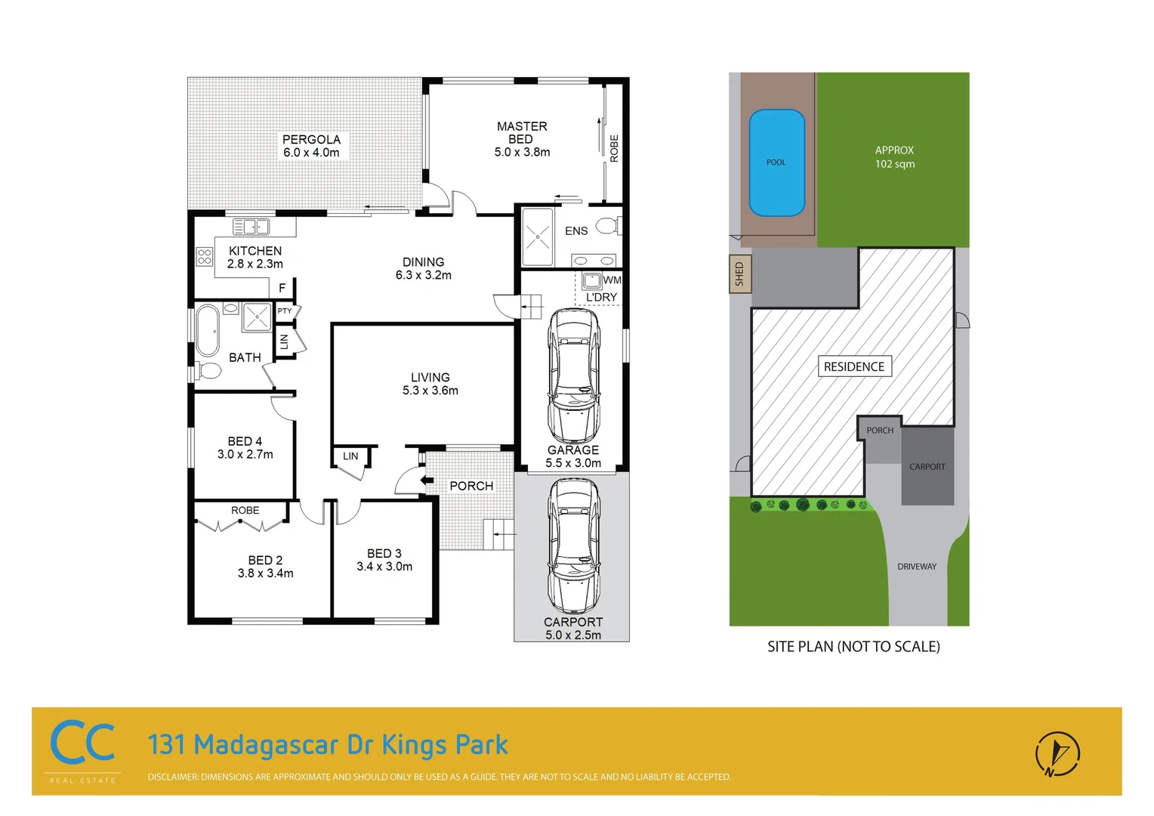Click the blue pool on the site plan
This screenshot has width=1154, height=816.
(x=776, y=162)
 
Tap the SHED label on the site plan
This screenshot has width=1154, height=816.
(x=739, y=274)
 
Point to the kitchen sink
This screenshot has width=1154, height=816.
(x=251, y=226)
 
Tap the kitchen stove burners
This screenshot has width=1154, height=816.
(x=205, y=256)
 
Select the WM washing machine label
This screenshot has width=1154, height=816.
(x=612, y=280)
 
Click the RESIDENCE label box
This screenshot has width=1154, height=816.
(x=854, y=366)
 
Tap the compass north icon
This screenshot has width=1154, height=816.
(x=1057, y=753)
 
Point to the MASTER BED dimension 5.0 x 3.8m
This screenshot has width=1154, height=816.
(x=522, y=152)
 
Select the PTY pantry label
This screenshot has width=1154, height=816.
(x=285, y=311)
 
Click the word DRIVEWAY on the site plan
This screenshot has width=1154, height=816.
(x=916, y=567)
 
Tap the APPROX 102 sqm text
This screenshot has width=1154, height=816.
(x=894, y=157)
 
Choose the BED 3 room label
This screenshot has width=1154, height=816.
(x=384, y=554)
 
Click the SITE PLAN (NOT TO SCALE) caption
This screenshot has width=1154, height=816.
(x=853, y=647)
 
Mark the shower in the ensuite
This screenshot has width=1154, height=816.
(x=538, y=237)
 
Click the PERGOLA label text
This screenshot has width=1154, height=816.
(x=311, y=140)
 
